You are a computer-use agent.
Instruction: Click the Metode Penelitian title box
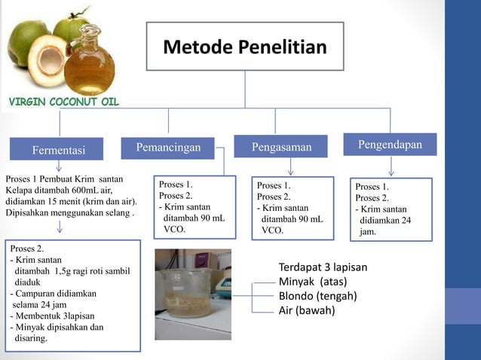[x=245, y=47]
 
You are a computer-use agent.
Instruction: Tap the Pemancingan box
[x=168, y=147]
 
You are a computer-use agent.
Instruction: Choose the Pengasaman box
[x=280, y=147]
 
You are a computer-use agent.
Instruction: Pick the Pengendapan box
[x=390, y=145]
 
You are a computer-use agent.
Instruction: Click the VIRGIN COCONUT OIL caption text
[x=63, y=102]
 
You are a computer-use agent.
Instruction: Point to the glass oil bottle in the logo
[x=90, y=60]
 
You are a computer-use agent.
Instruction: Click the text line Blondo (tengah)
[x=317, y=295]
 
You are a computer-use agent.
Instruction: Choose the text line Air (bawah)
[x=307, y=310]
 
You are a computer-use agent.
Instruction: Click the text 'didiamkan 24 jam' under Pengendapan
[x=384, y=226]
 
